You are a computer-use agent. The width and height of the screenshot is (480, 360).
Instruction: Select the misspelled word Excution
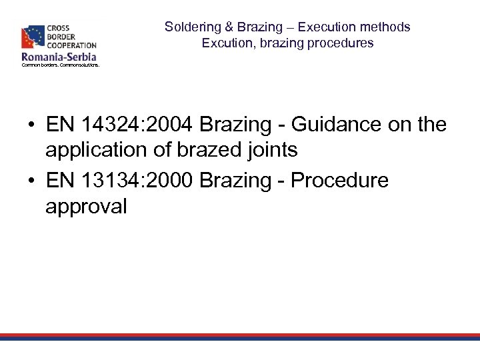(225, 43)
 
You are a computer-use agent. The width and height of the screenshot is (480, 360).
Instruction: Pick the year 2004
(171, 125)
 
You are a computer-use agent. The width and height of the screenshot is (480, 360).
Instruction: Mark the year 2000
(171, 181)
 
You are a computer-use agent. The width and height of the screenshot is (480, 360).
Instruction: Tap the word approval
(85, 207)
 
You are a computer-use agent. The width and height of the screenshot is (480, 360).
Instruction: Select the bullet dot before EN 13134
(31, 181)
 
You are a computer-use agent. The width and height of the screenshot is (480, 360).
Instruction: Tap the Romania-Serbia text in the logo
(59, 57)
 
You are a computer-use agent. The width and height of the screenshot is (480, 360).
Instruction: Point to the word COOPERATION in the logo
(71, 45)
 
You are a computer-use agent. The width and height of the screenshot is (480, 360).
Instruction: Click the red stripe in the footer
(240, 335)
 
